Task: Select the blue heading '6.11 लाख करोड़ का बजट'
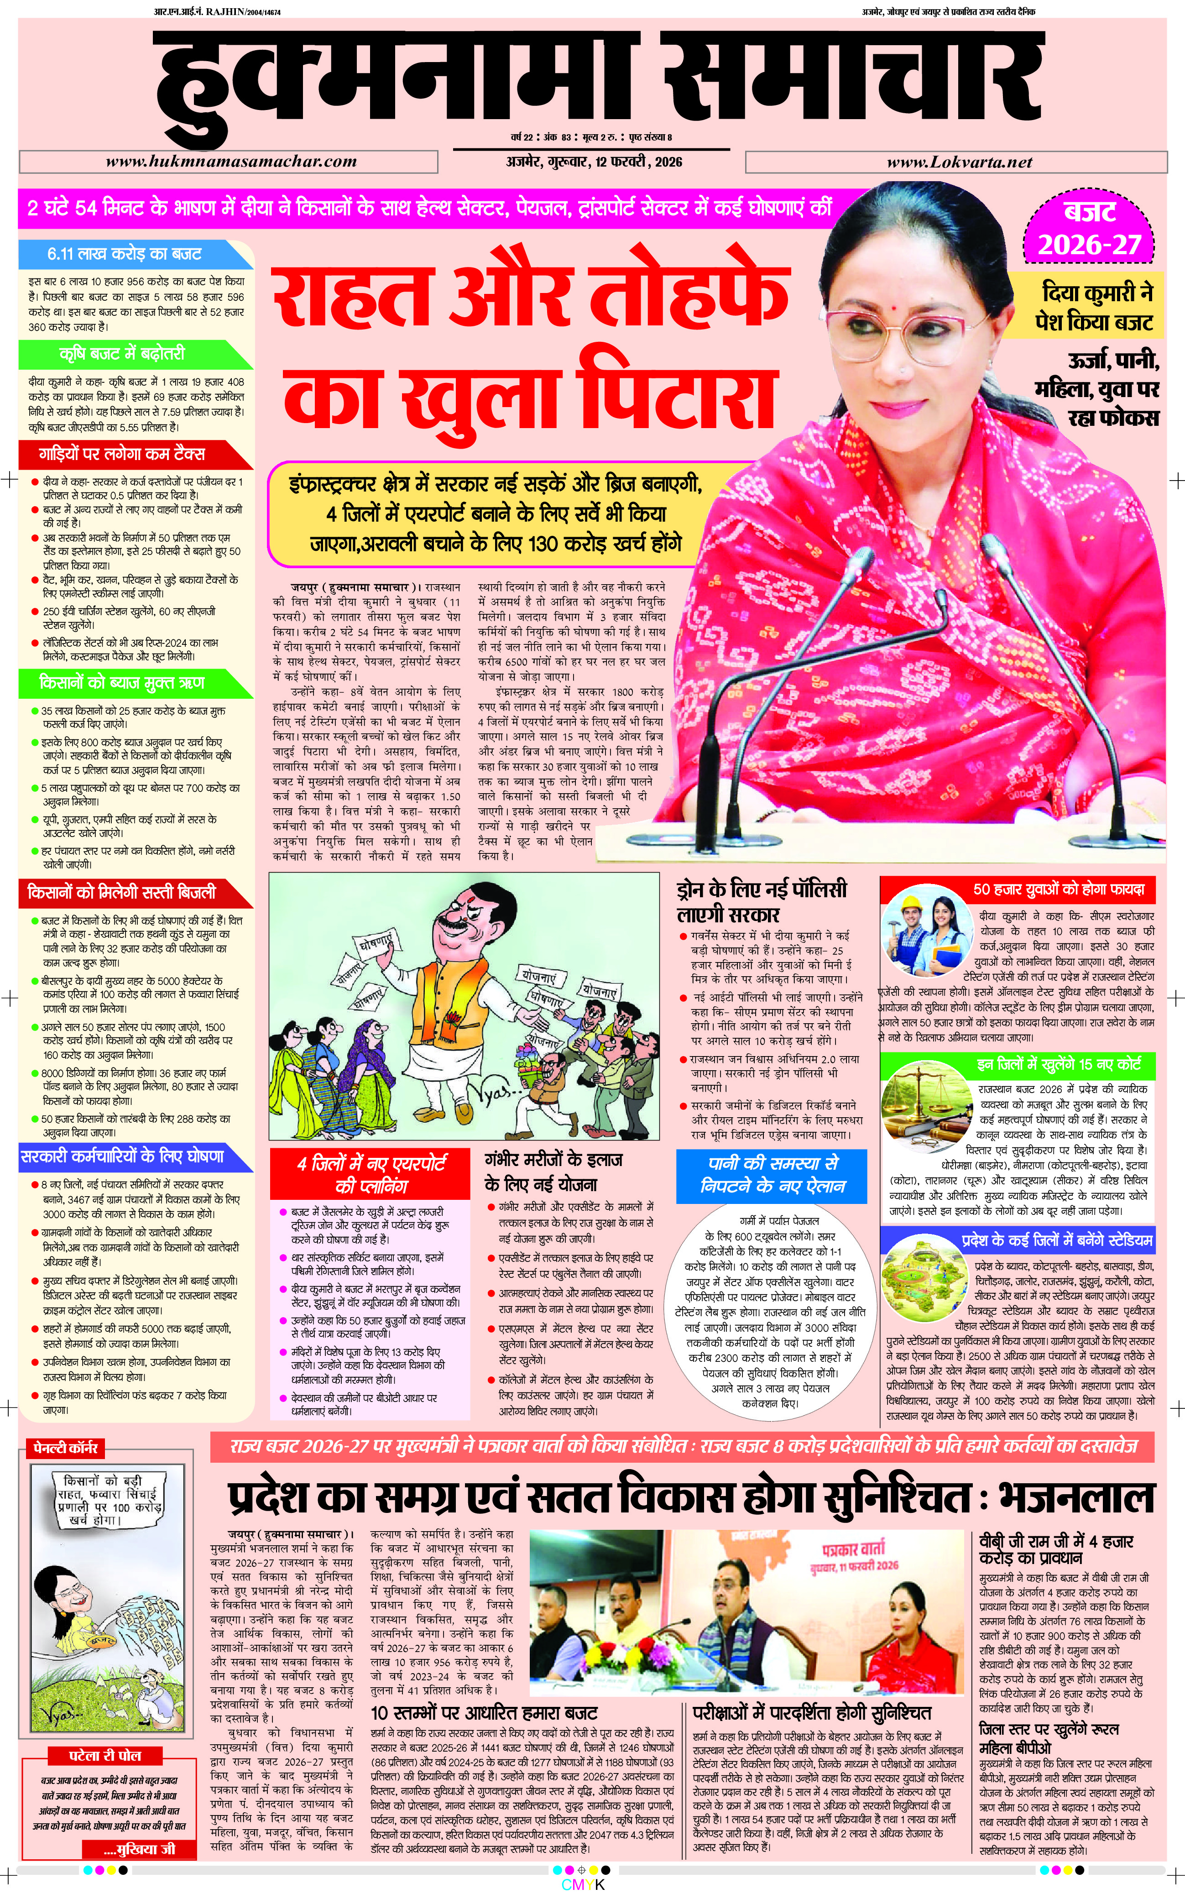pyautogui.click(x=125, y=254)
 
